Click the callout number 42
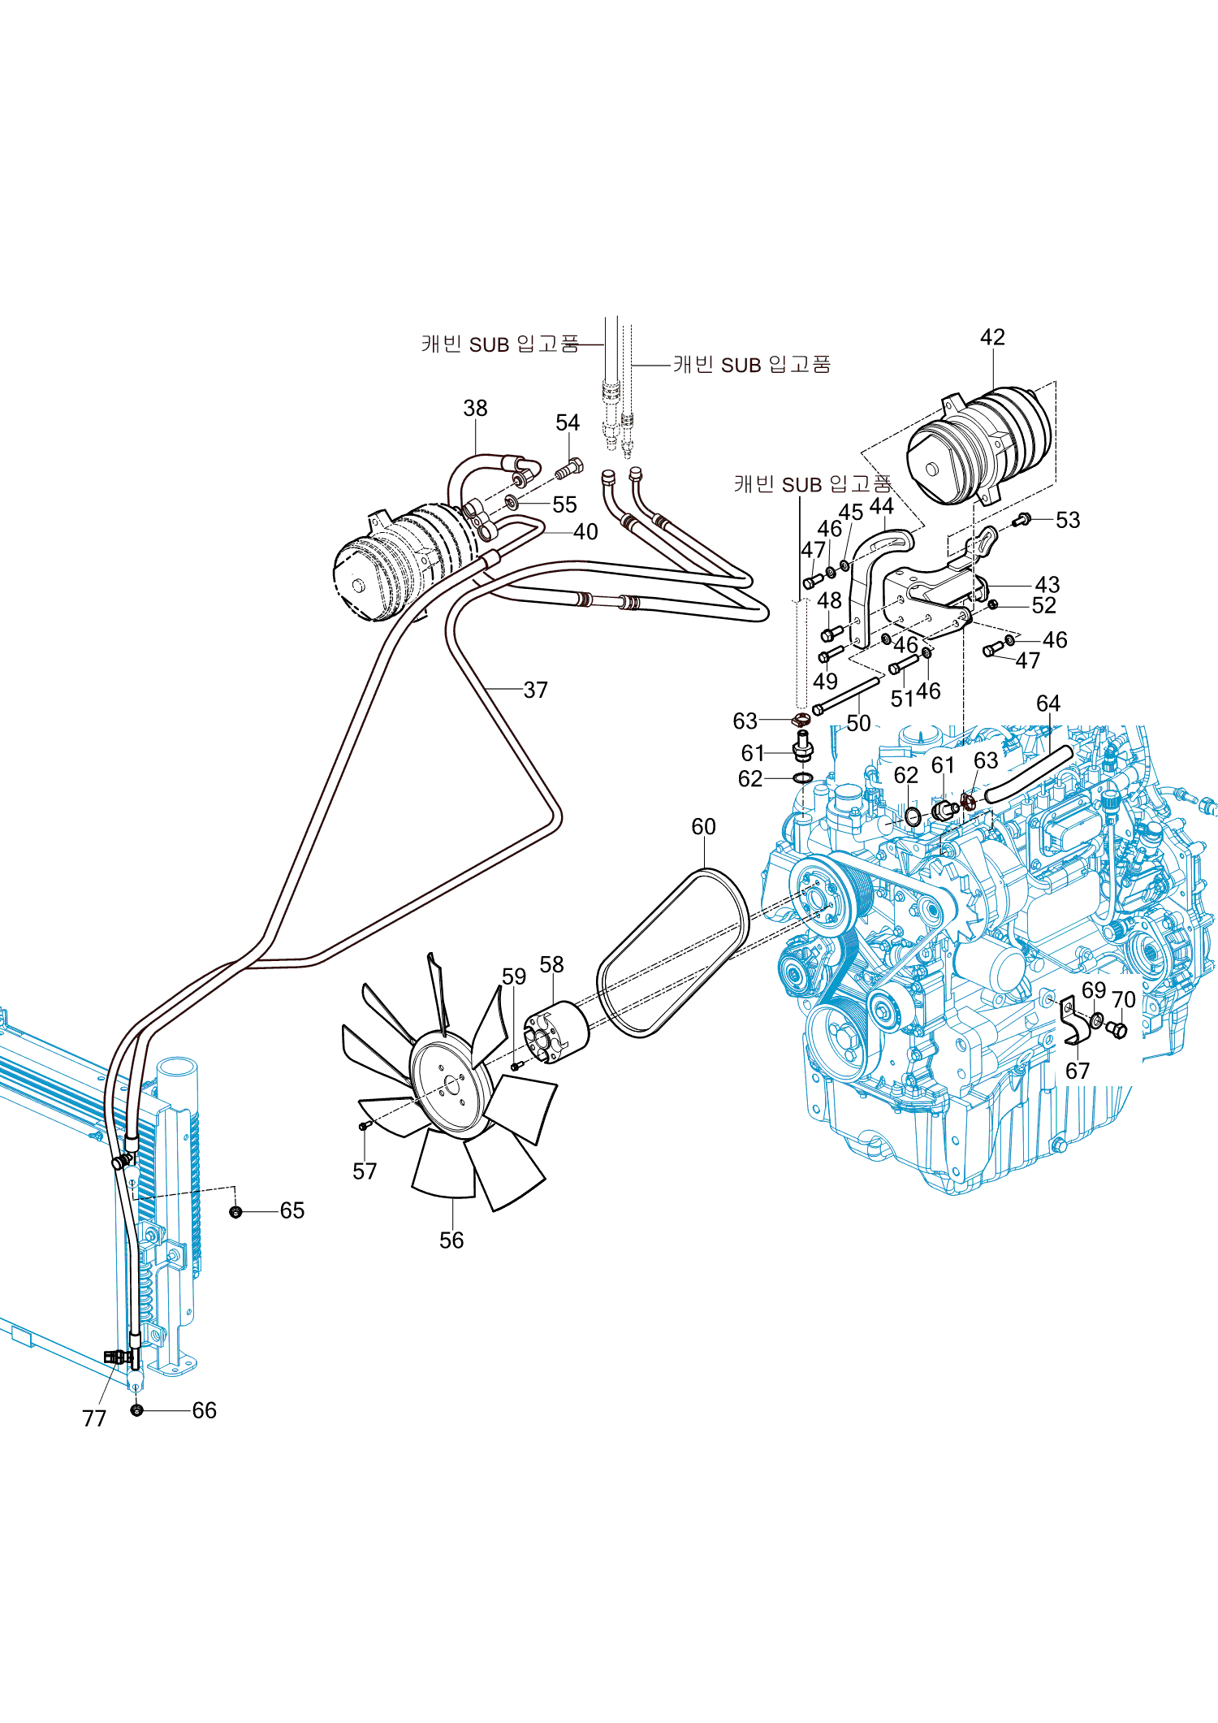click(x=992, y=337)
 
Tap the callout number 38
click(x=475, y=408)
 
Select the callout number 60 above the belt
click(x=703, y=826)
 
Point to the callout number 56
click(x=451, y=1240)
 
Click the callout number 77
click(x=94, y=1418)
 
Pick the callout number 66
click(x=205, y=1410)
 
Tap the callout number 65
click(x=292, y=1210)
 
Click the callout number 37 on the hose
click(x=535, y=690)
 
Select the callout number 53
click(x=1068, y=520)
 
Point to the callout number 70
click(x=1123, y=1000)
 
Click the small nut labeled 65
click(x=235, y=1212)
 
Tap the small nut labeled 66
click(x=136, y=1410)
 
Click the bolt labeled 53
click(x=1022, y=518)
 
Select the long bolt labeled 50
click(x=846, y=695)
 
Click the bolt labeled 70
click(x=1117, y=1030)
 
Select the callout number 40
click(x=585, y=532)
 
